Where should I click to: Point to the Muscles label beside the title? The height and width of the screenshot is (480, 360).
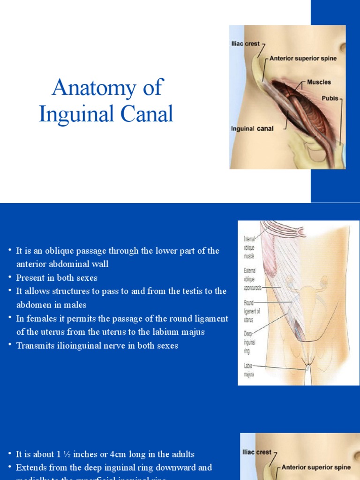pos(319,82)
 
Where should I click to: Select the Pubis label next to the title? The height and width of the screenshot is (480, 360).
pos(330,98)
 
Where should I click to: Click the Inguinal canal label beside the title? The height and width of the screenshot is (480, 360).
pos(252,128)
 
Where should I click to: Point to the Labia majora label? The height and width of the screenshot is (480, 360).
pos(248,370)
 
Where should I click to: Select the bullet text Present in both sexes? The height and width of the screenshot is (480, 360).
pos(57,277)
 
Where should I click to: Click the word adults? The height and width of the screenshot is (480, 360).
pos(182,454)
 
